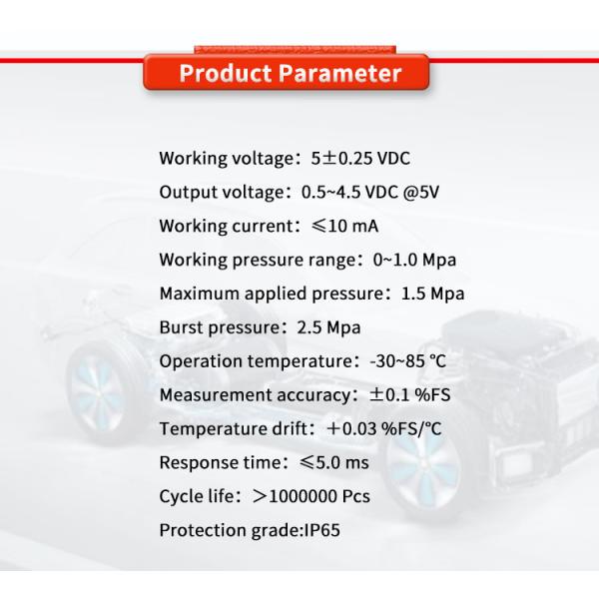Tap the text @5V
pyautogui.click(x=422, y=192)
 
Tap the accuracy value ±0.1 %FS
pyautogui.click(x=410, y=395)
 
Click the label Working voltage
pyautogui.click(x=223, y=160)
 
